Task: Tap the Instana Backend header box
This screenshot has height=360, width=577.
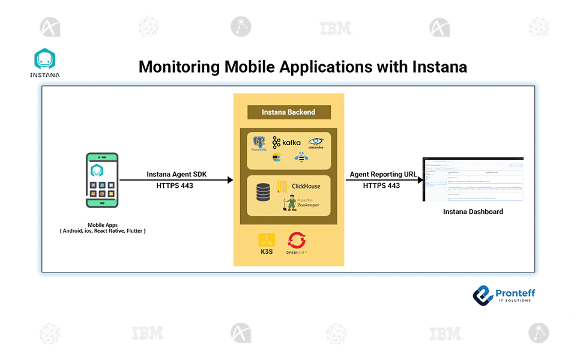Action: pyautogui.click(x=289, y=112)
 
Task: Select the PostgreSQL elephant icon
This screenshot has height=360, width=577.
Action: pyautogui.click(x=259, y=143)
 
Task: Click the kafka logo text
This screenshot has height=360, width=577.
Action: pyautogui.click(x=286, y=143)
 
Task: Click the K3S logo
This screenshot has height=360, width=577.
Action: pyautogui.click(x=267, y=243)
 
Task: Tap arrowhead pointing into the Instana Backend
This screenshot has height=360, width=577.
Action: pyautogui.click(x=229, y=180)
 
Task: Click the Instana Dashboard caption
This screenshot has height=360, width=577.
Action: pyautogui.click(x=473, y=212)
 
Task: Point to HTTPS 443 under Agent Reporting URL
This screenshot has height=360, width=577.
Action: pyautogui.click(x=381, y=186)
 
